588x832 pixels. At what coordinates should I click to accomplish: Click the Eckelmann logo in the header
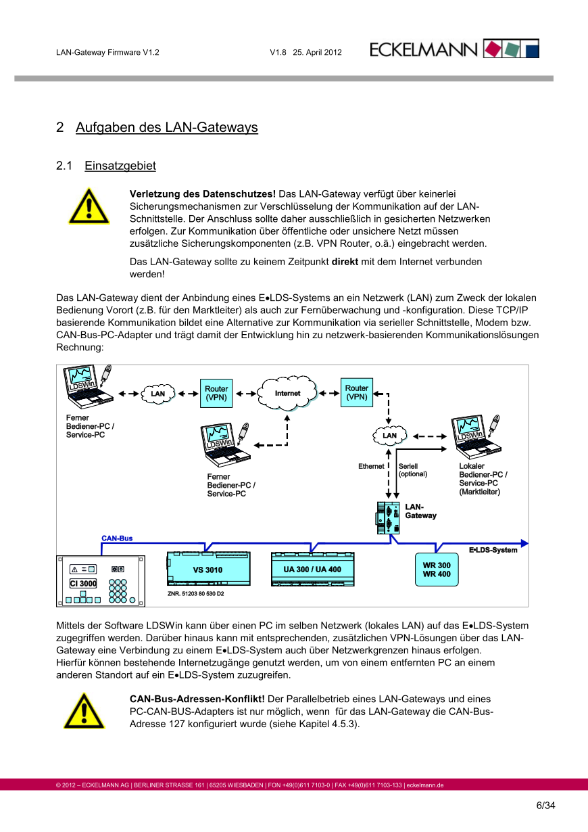click(x=454, y=49)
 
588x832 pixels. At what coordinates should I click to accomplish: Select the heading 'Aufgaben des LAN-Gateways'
click(x=166, y=127)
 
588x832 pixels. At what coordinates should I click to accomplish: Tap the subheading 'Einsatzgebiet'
click(x=120, y=166)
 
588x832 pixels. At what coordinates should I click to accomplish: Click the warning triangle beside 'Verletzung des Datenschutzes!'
click(x=88, y=206)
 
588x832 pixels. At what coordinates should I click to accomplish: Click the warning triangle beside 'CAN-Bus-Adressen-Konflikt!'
click(x=84, y=710)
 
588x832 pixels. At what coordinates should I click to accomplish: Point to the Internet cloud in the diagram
click(x=287, y=393)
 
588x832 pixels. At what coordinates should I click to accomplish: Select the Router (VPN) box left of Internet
click(x=216, y=393)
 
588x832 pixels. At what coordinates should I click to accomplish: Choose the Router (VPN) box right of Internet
click(x=357, y=392)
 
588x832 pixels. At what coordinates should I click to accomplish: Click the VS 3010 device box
click(x=207, y=570)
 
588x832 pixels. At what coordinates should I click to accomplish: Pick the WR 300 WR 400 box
click(x=437, y=570)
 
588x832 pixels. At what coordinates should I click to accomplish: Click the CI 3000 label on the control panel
click(x=83, y=583)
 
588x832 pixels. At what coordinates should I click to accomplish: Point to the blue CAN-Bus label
click(x=117, y=538)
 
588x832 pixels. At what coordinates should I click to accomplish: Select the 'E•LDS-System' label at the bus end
click(x=493, y=550)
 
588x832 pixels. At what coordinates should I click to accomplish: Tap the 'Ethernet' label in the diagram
click(x=371, y=466)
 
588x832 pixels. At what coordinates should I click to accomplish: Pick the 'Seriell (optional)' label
click(x=412, y=470)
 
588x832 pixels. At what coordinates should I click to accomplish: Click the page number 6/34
click(x=545, y=805)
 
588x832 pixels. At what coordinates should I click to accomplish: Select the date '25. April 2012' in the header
click(x=317, y=52)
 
